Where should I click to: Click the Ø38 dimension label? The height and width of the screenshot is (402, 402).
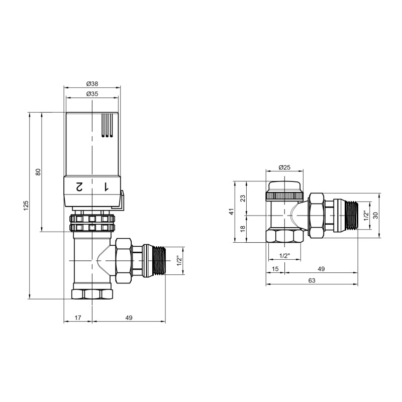tap(92, 83)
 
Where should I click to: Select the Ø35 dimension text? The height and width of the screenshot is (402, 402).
tap(92, 94)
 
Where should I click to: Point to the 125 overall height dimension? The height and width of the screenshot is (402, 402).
tap(26, 206)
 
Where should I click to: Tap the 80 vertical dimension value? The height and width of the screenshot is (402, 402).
tap(38, 172)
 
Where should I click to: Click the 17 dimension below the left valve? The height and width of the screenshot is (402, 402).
tap(78, 317)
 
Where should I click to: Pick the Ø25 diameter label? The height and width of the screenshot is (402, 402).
tap(284, 167)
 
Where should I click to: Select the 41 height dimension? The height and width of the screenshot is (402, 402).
tap(232, 211)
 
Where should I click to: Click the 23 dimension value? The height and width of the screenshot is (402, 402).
tap(243, 198)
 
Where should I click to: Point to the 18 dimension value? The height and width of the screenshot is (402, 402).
tap(243, 229)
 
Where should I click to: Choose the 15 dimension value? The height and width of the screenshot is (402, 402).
tap(275, 269)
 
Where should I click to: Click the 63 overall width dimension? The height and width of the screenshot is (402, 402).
tap(312, 281)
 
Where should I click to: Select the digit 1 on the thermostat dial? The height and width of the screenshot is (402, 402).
tap(106, 187)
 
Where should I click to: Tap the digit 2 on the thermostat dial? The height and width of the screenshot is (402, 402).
tap(79, 187)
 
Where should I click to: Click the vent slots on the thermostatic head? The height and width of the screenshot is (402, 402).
tap(108, 125)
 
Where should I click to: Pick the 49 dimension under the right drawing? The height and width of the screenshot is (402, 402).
tap(322, 269)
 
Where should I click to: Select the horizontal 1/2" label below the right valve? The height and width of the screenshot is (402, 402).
tap(284, 256)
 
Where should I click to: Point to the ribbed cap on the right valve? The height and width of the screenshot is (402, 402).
tap(284, 194)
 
